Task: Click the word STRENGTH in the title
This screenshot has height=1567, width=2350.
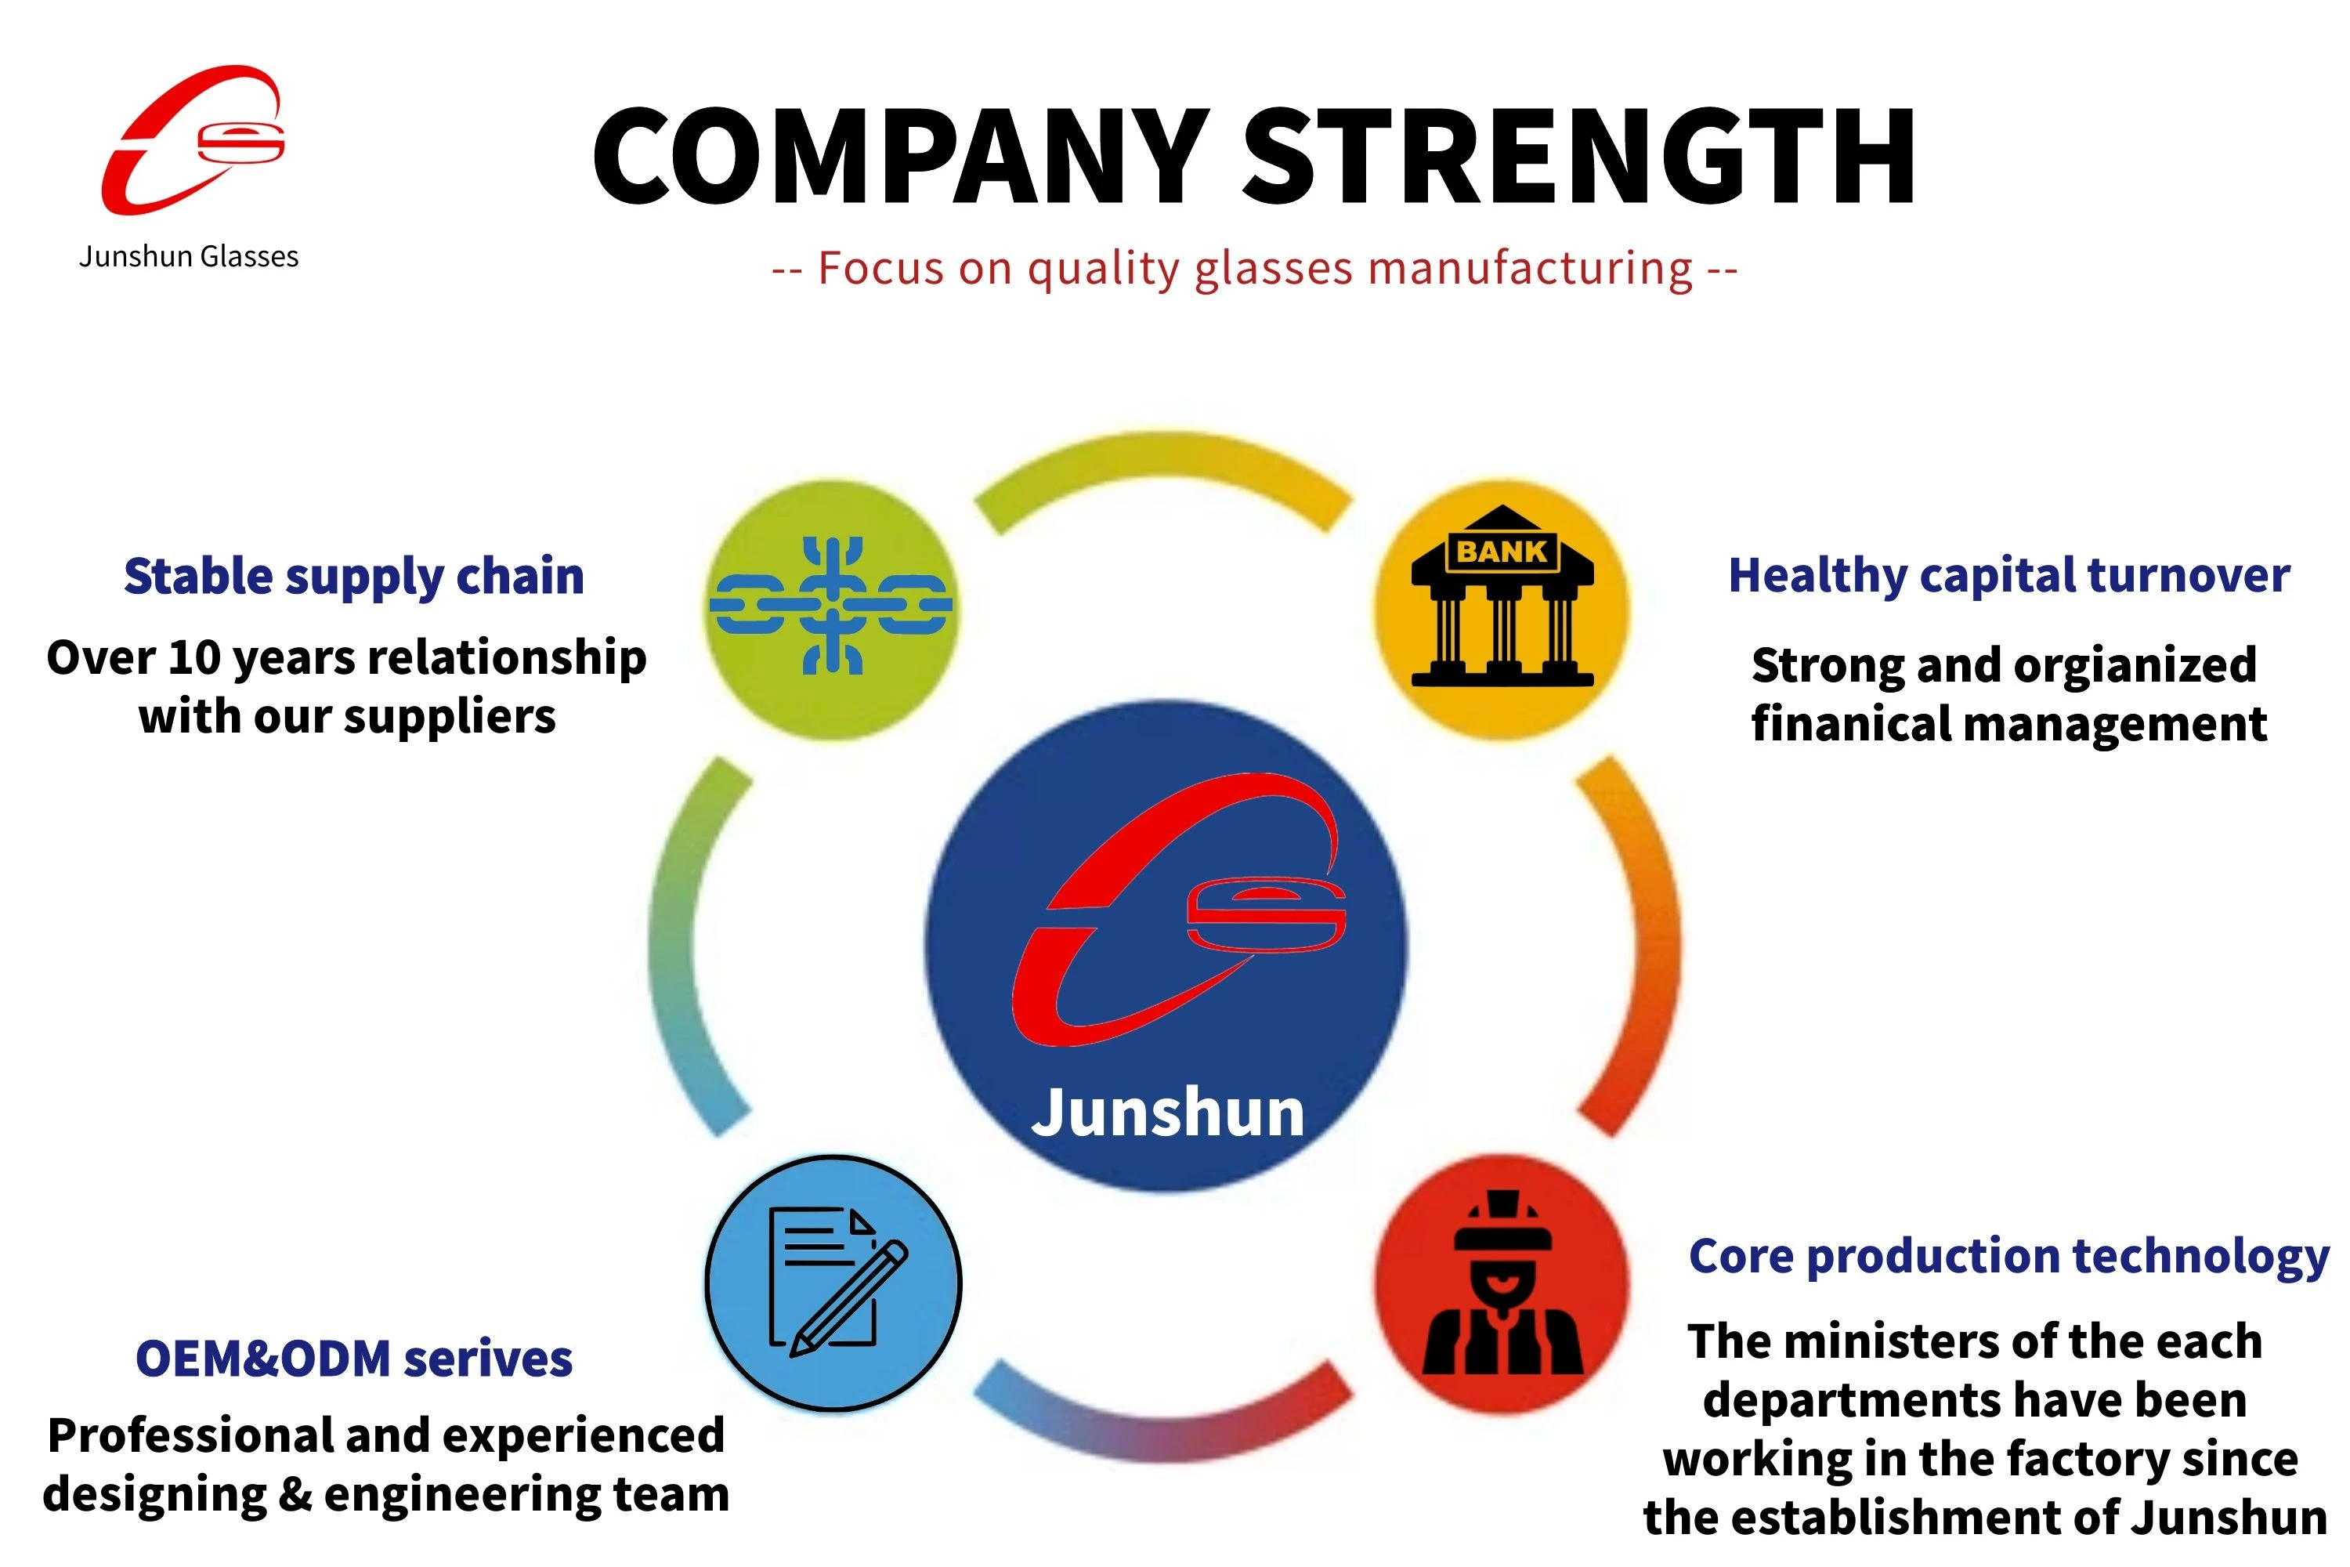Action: [x=1578, y=157]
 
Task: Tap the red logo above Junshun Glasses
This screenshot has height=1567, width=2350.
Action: [x=192, y=140]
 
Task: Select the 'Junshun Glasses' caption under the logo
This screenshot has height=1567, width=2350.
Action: [x=189, y=257]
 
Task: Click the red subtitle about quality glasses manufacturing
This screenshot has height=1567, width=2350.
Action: [x=1254, y=269]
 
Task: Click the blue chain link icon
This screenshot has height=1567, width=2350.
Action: [x=831, y=606]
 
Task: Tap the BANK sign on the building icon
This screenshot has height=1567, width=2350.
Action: [x=1502, y=551]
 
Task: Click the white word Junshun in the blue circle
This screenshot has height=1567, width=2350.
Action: [x=1168, y=1113]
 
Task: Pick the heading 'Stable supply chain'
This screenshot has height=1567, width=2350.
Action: [x=354, y=577]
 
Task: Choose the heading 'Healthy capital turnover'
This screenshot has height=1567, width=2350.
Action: [x=2009, y=577]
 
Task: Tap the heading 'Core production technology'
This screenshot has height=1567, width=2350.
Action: [x=2009, y=1256]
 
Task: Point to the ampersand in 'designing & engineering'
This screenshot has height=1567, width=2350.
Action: [x=296, y=1494]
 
